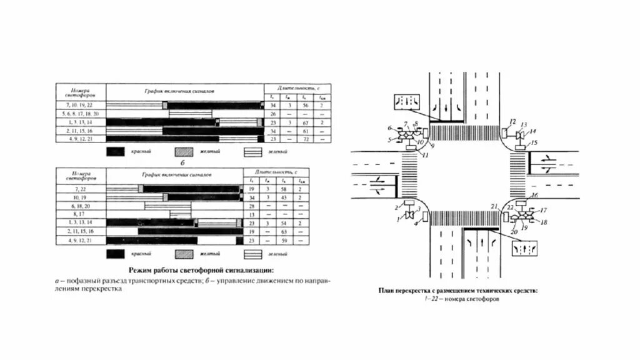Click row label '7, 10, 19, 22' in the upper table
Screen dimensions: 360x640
81,106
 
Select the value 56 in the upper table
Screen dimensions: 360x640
306,106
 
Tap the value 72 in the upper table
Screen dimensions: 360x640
306,139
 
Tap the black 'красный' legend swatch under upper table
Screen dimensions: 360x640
117,152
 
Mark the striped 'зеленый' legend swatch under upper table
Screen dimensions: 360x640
252,152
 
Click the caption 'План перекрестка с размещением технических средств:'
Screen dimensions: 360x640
457,291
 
